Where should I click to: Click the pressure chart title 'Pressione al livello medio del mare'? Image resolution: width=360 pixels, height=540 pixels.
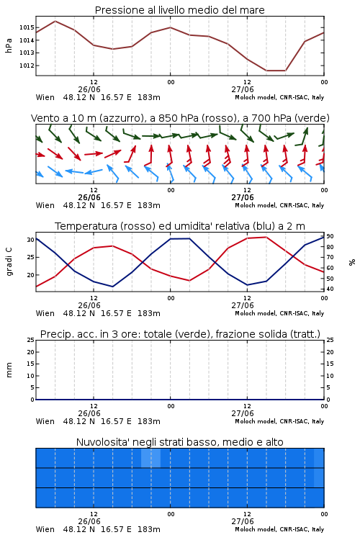(x=179, y=10)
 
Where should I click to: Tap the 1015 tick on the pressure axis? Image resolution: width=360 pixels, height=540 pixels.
(x=27, y=27)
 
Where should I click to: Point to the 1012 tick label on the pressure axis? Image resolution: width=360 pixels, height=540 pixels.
(x=27, y=66)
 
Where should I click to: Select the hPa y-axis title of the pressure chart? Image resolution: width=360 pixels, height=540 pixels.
(x=9, y=45)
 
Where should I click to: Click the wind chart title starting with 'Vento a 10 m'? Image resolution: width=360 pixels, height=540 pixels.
(x=180, y=118)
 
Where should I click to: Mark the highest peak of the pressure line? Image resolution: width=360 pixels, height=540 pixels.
(x=55, y=21)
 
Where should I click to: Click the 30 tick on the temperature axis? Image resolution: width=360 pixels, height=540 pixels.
(x=30, y=240)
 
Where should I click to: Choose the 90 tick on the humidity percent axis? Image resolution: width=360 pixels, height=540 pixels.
(x=330, y=236)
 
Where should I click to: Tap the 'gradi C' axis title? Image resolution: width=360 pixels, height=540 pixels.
(x=9, y=262)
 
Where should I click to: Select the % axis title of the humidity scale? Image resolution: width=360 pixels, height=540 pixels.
(x=352, y=262)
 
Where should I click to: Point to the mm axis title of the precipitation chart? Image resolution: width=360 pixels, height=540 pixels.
(x=9, y=370)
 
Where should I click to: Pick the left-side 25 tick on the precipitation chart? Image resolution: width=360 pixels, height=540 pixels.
(x=30, y=340)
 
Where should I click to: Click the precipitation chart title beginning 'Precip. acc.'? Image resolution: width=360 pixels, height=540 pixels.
(x=180, y=334)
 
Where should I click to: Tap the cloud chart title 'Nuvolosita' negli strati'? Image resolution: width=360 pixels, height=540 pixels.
(x=179, y=442)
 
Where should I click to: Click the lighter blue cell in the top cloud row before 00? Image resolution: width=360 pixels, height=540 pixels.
(x=150, y=458)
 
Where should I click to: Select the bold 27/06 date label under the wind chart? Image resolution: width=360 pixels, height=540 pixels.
(x=243, y=198)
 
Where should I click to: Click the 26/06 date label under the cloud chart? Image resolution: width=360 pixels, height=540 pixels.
(x=89, y=521)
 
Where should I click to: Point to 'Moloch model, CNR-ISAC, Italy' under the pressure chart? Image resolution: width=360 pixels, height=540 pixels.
(x=279, y=97)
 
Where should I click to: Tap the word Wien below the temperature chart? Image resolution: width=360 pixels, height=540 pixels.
(x=45, y=313)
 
